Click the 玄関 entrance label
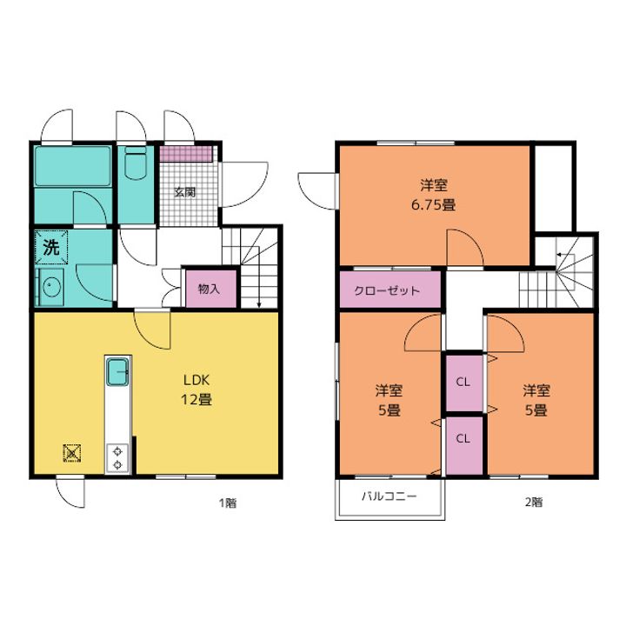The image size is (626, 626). [x=185, y=192]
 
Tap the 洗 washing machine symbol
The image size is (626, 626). [x=51, y=248]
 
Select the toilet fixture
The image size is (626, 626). [x=136, y=163]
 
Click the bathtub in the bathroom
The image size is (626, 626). [x=73, y=166]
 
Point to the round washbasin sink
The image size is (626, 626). [x=51, y=286]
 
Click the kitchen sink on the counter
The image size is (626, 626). [x=117, y=372]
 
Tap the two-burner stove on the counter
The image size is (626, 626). [x=117, y=458]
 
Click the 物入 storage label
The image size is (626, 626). [x=209, y=289]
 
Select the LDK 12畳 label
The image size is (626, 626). [x=196, y=390]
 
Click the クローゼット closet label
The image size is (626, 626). [x=387, y=290]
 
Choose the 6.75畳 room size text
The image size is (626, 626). [x=434, y=205]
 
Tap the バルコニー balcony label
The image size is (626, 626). [x=390, y=496]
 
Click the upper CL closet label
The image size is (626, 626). [x=463, y=382]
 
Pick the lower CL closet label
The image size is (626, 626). [x=463, y=439]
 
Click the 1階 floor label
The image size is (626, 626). [x=228, y=503]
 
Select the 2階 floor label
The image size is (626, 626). [x=533, y=502]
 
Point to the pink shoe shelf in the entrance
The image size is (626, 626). [x=186, y=154]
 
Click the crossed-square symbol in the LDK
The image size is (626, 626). [x=72, y=453]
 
